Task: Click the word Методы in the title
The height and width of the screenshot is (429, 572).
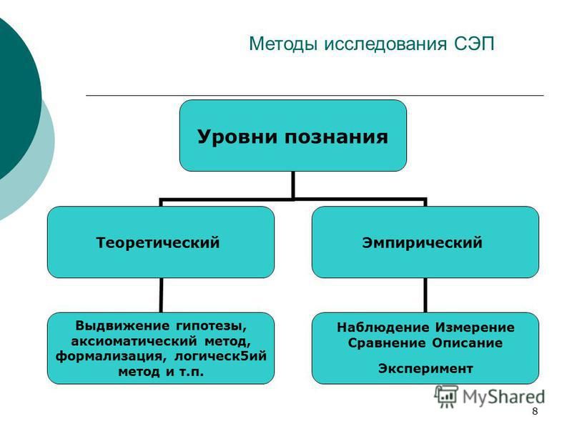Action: pyautogui.click(x=283, y=44)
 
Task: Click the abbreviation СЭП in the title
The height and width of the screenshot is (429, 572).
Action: pyautogui.click(x=474, y=44)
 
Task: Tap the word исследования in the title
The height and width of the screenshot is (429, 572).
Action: pyautogui.click(x=385, y=44)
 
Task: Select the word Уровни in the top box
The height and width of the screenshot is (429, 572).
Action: pyautogui.click(x=237, y=137)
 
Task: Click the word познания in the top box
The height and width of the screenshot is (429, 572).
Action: pyautogui.click(x=336, y=137)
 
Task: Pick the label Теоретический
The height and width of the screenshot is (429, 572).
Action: pyautogui.click(x=158, y=242)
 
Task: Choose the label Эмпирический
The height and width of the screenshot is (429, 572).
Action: pyautogui.click(x=422, y=242)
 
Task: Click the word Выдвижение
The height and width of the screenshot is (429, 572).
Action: pyautogui.click(x=123, y=325)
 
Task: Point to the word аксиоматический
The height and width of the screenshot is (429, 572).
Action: pyautogui.click(x=134, y=342)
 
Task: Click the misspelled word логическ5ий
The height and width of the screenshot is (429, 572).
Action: pyautogui.click(x=220, y=356)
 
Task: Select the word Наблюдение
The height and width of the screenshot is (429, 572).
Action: pyautogui.click(x=383, y=327)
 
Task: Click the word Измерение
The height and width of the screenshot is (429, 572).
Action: pyautogui.click(x=475, y=327)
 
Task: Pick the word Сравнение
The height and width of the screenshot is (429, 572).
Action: pyautogui.click(x=386, y=343)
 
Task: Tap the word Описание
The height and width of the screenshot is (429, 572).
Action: pyautogui.click(x=467, y=343)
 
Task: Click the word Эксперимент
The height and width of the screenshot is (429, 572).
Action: pyautogui.click(x=425, y=368)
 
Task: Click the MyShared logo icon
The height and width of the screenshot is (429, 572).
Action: pyautogui.click(x=445, y=396)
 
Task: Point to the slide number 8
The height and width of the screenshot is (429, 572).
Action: pyautogui.click(x=535, y=412)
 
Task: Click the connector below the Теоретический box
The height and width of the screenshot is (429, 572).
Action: pyautogui.click(x=161, y=295)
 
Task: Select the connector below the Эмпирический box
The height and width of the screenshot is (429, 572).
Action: pyautogui.click(x=425, y=295)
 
